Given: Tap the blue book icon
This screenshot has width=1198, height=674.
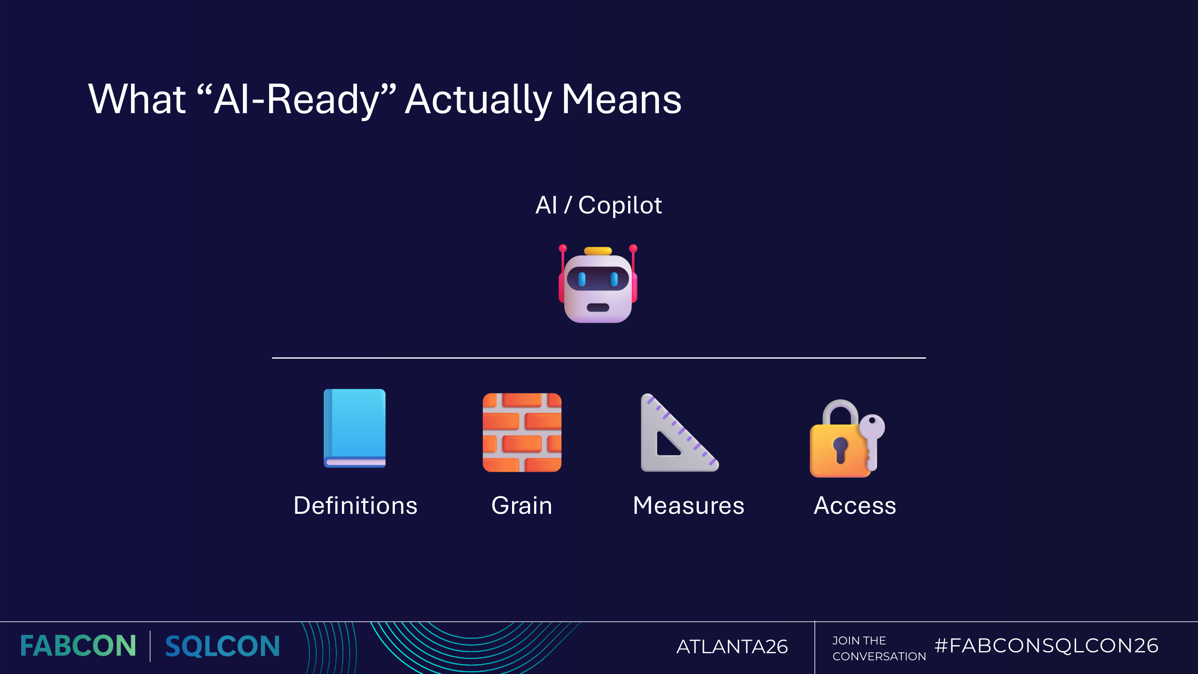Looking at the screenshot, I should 355,428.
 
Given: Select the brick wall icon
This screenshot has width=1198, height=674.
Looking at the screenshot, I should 522,433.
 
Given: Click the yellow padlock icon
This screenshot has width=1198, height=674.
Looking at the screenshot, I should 839,446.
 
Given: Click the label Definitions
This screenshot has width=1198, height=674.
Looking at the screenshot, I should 355,506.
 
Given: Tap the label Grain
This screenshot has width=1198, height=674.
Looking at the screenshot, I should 522,506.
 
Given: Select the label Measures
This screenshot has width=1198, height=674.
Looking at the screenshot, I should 688,506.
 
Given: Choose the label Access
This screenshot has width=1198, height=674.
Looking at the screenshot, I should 855,506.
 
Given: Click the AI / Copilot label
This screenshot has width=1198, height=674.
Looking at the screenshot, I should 599,205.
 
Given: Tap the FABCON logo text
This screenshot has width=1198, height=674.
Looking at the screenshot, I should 78,646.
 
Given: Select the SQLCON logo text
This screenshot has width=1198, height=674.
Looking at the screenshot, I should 222,646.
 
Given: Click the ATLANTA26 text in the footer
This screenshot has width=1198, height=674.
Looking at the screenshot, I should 732,647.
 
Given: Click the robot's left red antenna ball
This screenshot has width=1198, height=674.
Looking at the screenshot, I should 563,248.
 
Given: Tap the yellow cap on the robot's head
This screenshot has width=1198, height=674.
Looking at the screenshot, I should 598,251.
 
